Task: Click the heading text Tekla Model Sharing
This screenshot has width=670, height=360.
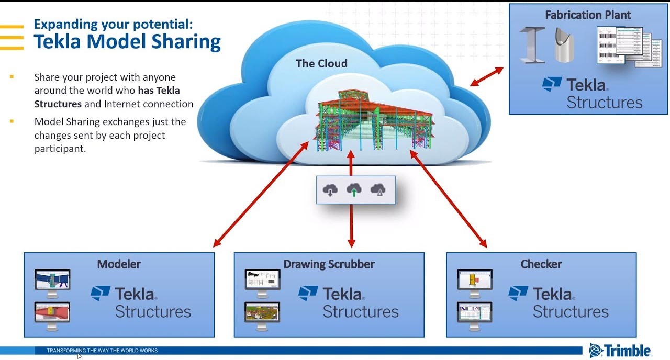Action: coord(127,42)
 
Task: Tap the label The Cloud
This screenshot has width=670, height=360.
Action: coord(321,64)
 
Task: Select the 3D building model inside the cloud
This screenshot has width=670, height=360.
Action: coord(374,121)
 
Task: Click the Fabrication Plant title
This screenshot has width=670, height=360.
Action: coord(588,15)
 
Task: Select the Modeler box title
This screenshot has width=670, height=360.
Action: coord(119,264)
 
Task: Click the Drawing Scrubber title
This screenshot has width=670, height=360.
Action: coord(329,264)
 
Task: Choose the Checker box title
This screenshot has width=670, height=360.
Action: coord(541,264)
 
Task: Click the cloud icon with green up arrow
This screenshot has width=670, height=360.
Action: coord(354,190)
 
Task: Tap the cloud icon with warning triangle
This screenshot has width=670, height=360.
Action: coord(378,190)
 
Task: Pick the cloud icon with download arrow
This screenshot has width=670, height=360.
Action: coord(330,190)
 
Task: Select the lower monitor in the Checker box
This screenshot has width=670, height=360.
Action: coord(475,315)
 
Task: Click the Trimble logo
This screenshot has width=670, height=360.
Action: coord(620,350)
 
